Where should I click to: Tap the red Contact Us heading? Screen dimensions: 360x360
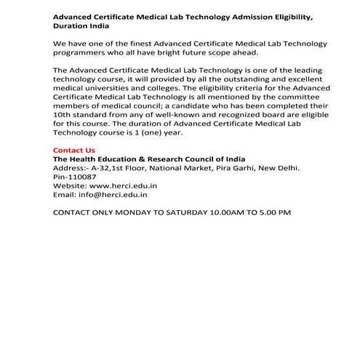[74, 150]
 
